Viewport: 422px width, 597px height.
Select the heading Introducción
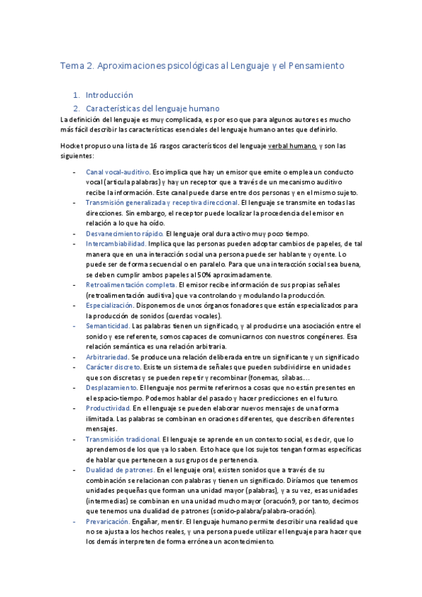109,94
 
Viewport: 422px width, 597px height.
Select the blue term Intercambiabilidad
116,244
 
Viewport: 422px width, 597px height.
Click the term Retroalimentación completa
130,284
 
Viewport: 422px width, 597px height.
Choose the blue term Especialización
109,306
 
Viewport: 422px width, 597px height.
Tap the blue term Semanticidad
107,326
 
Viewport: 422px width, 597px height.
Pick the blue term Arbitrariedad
107,357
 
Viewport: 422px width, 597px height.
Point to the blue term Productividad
108,408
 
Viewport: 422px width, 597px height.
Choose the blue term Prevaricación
108,521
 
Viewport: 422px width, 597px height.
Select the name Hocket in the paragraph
72,146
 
